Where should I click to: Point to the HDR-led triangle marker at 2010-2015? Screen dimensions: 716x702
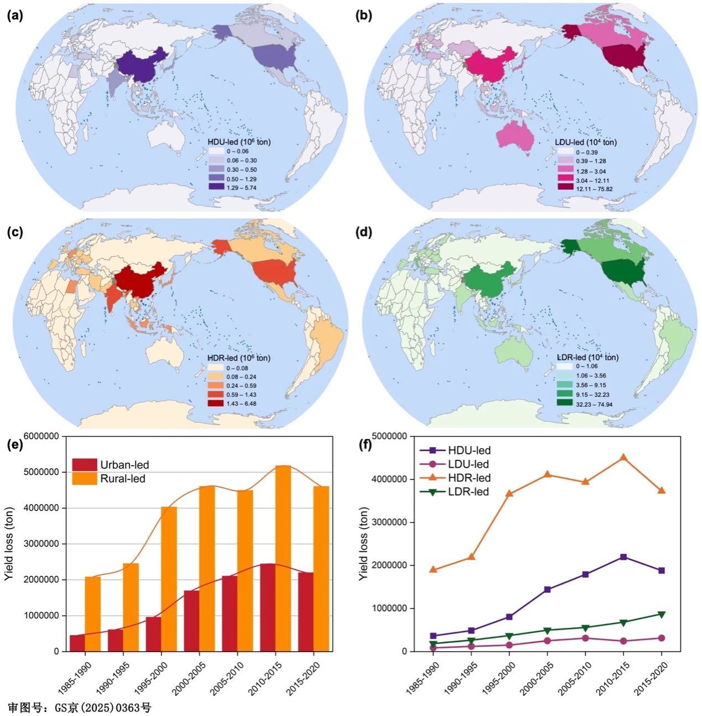tap(623, 458)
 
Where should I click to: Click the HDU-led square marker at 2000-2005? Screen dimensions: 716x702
tap(547, 590)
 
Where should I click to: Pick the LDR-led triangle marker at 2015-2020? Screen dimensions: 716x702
tap(661, 614)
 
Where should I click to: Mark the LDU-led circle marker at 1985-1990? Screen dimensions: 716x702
tap(433, 648)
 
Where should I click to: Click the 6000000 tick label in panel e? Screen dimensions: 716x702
tap(38, 437)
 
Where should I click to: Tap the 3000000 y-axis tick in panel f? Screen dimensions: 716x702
tap(393, 522)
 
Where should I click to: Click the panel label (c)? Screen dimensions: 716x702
tap(15, 232)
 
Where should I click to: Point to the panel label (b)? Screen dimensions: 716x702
tap(363, 16)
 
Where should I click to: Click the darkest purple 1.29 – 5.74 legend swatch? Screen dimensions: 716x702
tap(216, 188)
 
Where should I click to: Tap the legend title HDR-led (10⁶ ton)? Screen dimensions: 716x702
tap(239, 358)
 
